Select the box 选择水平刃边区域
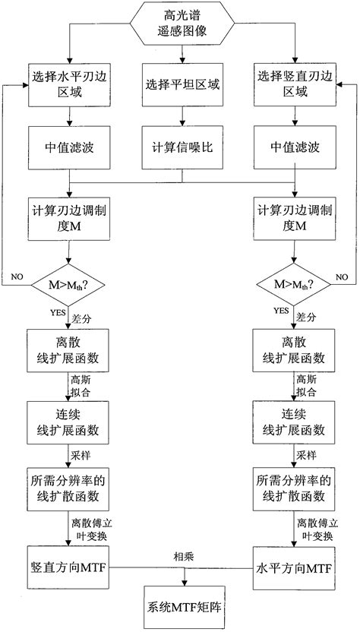coord(70,84)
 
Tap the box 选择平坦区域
coord(182,84)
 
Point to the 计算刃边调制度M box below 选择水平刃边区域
coord(70,218)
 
